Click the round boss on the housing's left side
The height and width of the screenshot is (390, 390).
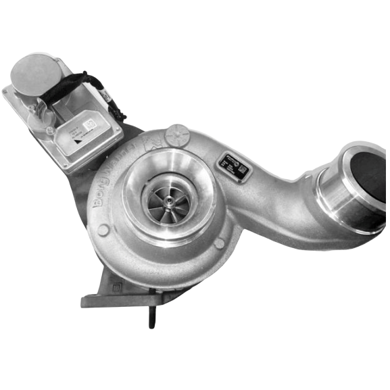pyautogui.click(x=103, y=230)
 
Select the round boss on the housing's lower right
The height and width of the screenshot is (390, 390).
pyautogui.click(x=218, y=243)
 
